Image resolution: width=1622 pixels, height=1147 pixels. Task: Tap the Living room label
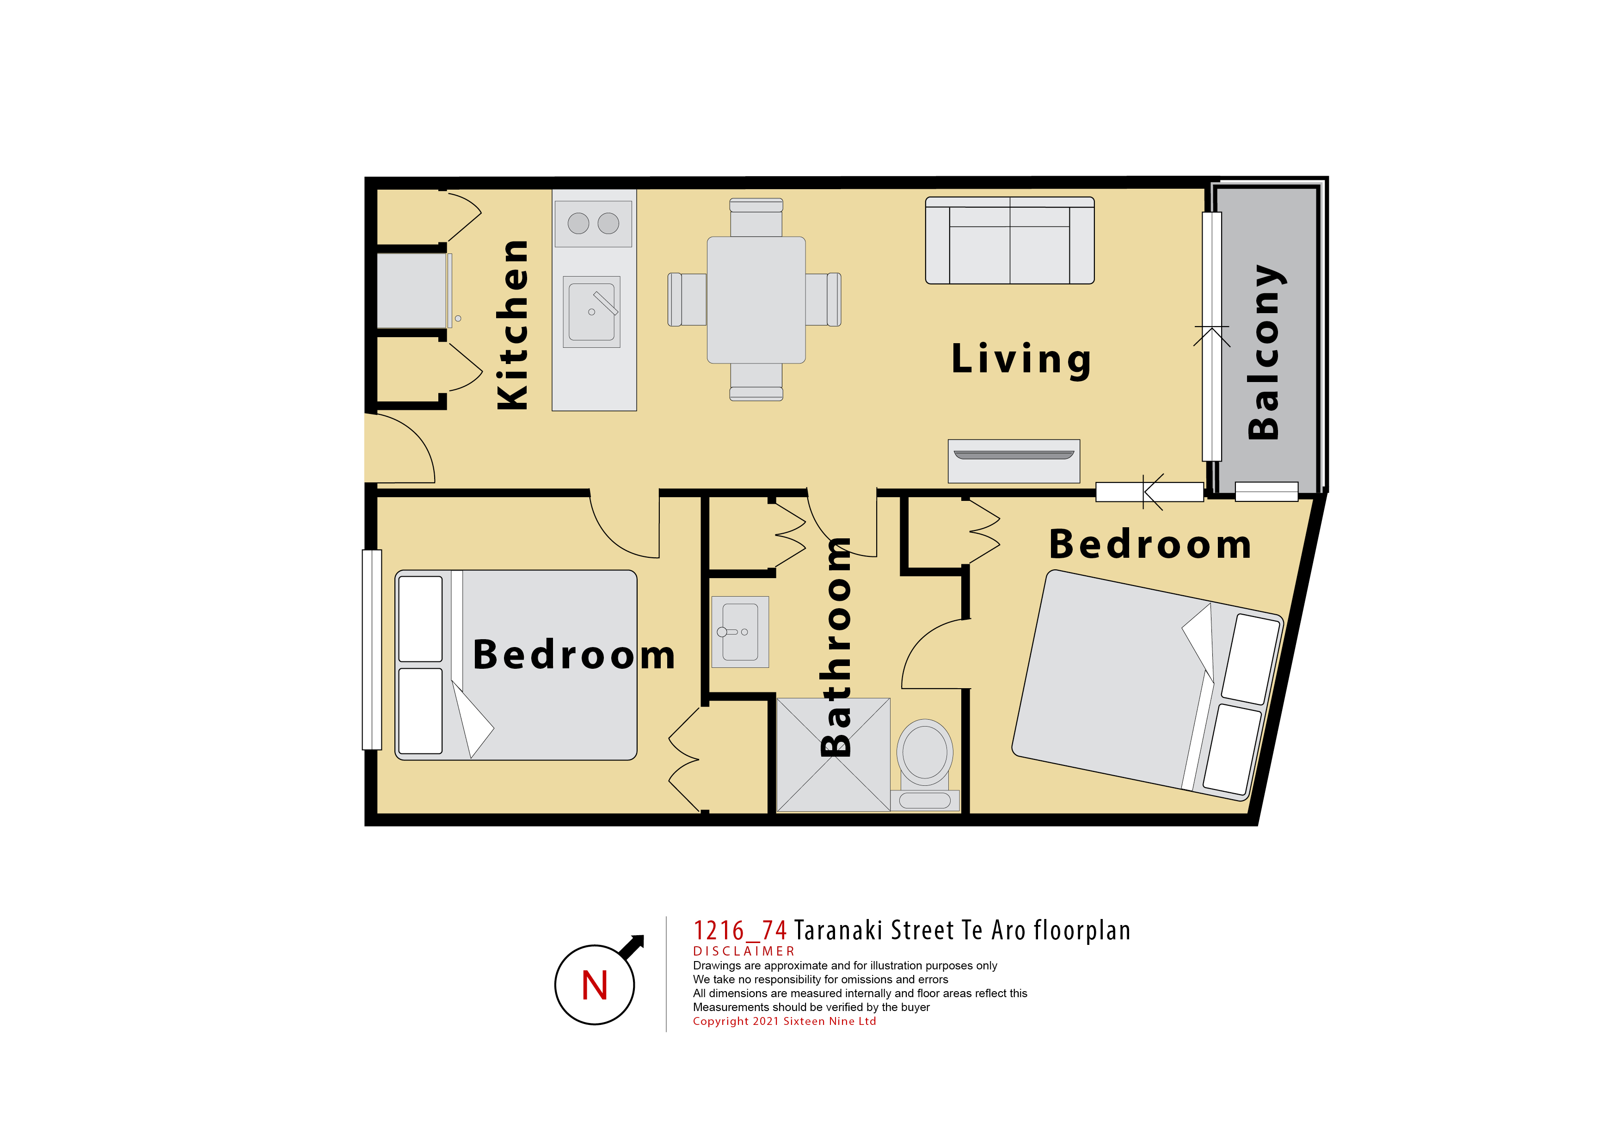1021,360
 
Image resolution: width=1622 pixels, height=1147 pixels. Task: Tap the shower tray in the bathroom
834,755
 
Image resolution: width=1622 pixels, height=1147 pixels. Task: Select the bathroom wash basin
740,632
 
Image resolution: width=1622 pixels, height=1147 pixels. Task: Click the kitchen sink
591,312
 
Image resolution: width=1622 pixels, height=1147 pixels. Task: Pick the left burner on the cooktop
578,223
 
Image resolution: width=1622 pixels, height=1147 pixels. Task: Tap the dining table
756,300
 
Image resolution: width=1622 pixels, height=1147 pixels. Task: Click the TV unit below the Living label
1014,461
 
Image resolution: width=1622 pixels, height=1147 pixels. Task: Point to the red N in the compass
595,985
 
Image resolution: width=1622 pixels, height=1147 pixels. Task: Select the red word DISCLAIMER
744,951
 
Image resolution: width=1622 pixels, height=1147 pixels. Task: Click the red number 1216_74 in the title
740,931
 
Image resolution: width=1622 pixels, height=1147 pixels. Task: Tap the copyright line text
784,1021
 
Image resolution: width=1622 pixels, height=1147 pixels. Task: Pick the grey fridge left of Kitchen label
412,290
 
